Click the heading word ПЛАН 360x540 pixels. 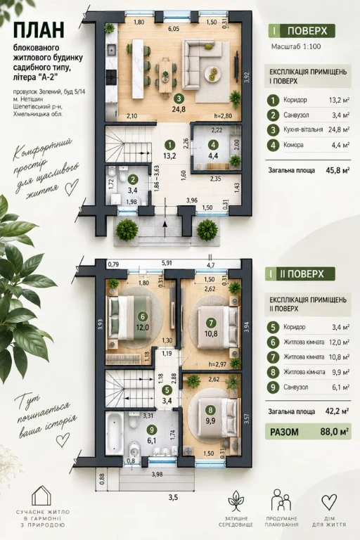39,30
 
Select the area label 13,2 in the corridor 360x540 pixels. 170,155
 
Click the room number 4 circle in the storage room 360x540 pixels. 214,144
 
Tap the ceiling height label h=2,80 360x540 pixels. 223,116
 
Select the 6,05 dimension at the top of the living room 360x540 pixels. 173,30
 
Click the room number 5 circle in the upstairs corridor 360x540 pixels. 167,390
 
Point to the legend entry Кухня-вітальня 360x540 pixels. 303,130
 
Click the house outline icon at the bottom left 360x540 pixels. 41,496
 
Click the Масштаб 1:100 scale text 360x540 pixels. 296,46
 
